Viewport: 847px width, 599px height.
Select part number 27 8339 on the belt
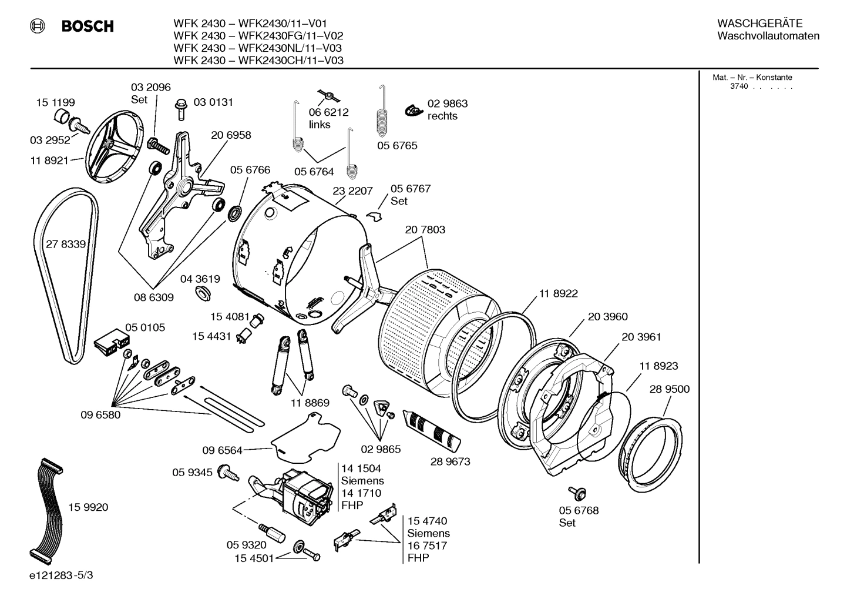tap(66, 244)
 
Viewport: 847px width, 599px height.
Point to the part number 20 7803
tap(425, 230)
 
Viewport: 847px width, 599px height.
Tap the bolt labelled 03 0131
tap(181, 109)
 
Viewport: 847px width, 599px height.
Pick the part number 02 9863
tap(447, 103)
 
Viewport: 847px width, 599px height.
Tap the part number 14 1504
tap(361, 469)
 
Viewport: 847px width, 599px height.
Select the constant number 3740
tap(739, 86)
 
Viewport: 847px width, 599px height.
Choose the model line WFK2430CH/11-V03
tap(258, 61)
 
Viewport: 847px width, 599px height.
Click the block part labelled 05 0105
tap(112, 342)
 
